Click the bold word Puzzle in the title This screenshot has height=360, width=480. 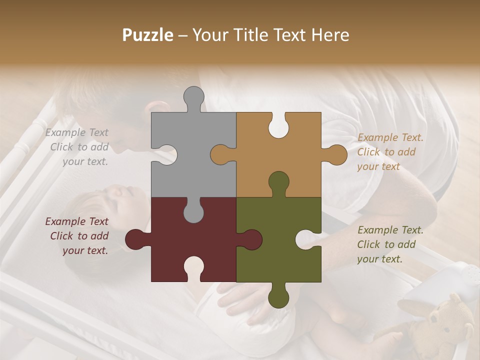coord(148,35)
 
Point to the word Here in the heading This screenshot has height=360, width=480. coord(330,35)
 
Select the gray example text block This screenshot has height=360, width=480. coord(77,147)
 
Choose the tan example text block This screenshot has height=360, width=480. coord(390,152)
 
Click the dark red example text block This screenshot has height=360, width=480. coord(77,236)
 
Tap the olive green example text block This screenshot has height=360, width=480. coord(390,244)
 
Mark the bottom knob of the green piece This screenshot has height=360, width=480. coord(278,297)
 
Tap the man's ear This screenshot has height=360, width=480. coord(159,107)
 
